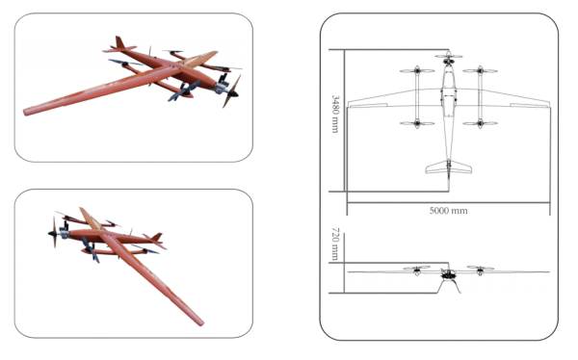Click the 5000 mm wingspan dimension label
coord(448,211)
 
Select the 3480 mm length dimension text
coord(335,114)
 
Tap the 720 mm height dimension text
coord(335,244)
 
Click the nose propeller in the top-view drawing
coord(449,57)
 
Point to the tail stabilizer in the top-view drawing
coord(449,167)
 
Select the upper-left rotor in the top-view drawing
coord(417,70)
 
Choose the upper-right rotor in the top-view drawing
coord(480,70)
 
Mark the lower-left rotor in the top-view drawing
coord(417,123)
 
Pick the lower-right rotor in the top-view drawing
coord(480,123)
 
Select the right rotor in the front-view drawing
coord(480,268)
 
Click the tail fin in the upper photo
coord(119,42)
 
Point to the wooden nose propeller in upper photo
coord(232,91)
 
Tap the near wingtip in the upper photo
coord(27,112)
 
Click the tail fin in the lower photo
coord(157,237)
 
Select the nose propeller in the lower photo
coord(54,232)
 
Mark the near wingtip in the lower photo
coord(200,322)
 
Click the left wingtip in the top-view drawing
coord(349,104)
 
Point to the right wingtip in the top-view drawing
coord(548,104)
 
